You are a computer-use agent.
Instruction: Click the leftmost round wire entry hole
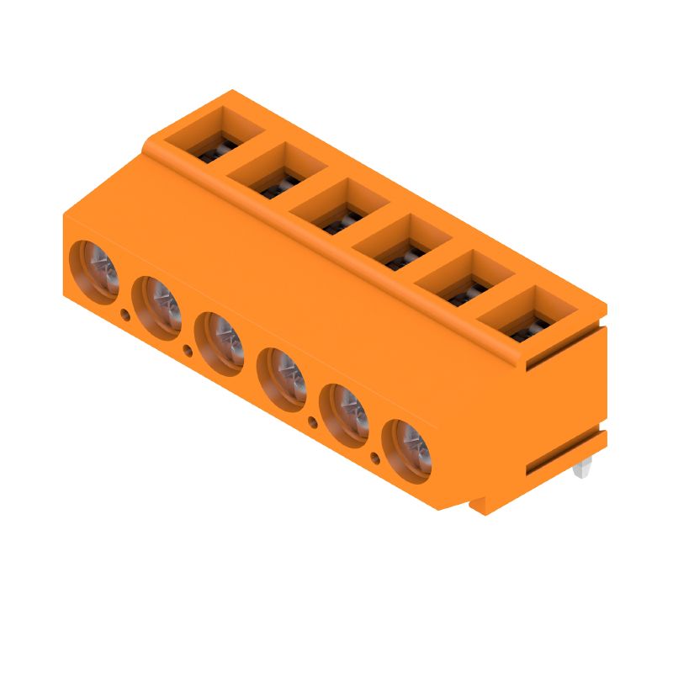(95, 271)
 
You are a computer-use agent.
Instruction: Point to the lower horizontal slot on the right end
(564, 455)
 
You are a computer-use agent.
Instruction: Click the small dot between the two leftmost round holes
(125, 315)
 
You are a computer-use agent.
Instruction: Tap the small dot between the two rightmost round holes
(376, 458)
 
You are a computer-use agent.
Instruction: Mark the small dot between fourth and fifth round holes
(313, 421)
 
